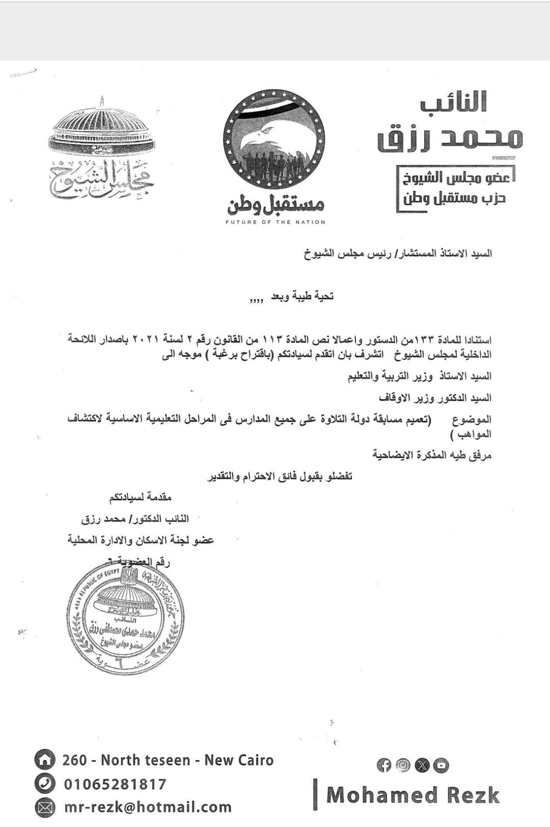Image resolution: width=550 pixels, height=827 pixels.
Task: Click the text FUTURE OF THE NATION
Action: click(x=275, y=222)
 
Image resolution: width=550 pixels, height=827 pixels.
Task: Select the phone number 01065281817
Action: click(x=115, y=784)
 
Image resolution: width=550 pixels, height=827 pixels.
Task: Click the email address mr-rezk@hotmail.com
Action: click(x=148, y=807)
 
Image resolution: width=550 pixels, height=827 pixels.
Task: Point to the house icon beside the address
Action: click(x=44, y=760)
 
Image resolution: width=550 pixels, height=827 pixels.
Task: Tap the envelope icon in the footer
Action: click(x=44, y=807)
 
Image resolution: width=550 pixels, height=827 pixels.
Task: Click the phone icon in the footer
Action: click(x=44, y=784)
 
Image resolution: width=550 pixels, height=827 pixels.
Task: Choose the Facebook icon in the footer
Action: click(x=384, y=765)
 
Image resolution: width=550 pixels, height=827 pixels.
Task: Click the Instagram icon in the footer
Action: click(x=403, y=765)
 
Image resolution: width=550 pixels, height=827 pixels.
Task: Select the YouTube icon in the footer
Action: click(x=441, y=765)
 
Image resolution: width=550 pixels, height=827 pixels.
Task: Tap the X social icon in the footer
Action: click(x=422, y=765)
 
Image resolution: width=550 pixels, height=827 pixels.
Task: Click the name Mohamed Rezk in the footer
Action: click(x=413, y=795)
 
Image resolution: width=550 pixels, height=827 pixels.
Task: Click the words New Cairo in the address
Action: click(x=239, y=760)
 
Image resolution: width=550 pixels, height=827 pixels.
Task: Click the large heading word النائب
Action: click(x=453, y=102)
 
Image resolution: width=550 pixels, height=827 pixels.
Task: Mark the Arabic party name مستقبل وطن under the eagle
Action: click(x=275, y=205)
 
